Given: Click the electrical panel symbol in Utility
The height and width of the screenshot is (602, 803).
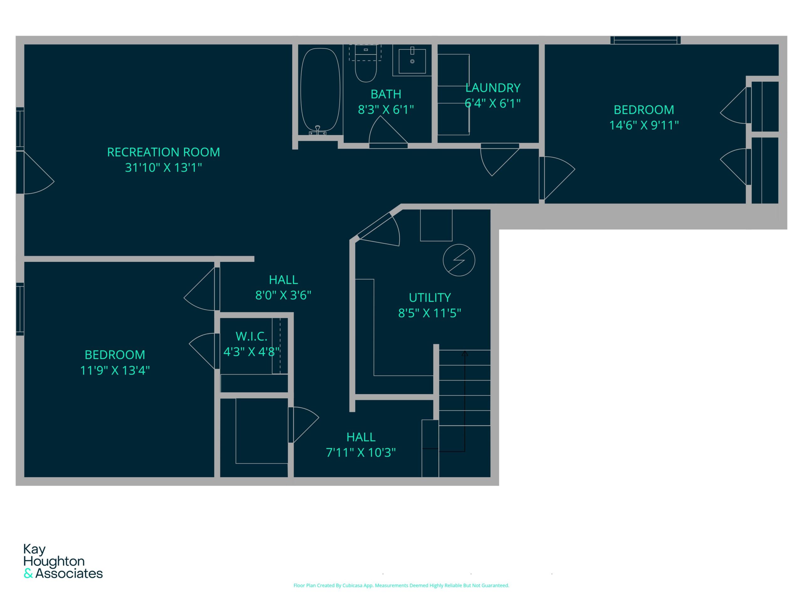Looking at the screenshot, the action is pos(459,260).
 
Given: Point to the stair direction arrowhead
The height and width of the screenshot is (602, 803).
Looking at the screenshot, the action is pos(465,353).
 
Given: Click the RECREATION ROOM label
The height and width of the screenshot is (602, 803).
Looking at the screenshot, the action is pos(163,152).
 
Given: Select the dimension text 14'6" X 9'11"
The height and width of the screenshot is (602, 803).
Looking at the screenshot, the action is pos(644,125).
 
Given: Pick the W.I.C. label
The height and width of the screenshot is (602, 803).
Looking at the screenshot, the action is pos(251,336).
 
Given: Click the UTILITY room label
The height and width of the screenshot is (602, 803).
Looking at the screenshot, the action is pos(430,298).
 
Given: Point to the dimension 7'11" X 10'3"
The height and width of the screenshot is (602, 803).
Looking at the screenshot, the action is pos(361,452).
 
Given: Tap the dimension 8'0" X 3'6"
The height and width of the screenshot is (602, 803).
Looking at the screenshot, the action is pos(283,295).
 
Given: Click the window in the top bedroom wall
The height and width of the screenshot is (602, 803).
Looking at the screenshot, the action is pos(645,40).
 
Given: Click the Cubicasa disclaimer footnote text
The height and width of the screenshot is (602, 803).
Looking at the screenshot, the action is pos(401,585).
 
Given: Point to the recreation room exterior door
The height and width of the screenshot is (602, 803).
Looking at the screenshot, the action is pos(35,173).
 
